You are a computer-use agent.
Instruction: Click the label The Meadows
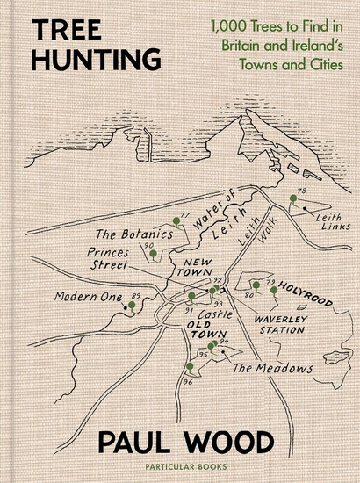273,368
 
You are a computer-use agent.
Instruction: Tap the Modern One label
88,297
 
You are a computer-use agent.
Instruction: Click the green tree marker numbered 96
189,366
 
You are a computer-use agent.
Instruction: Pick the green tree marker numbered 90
153,253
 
